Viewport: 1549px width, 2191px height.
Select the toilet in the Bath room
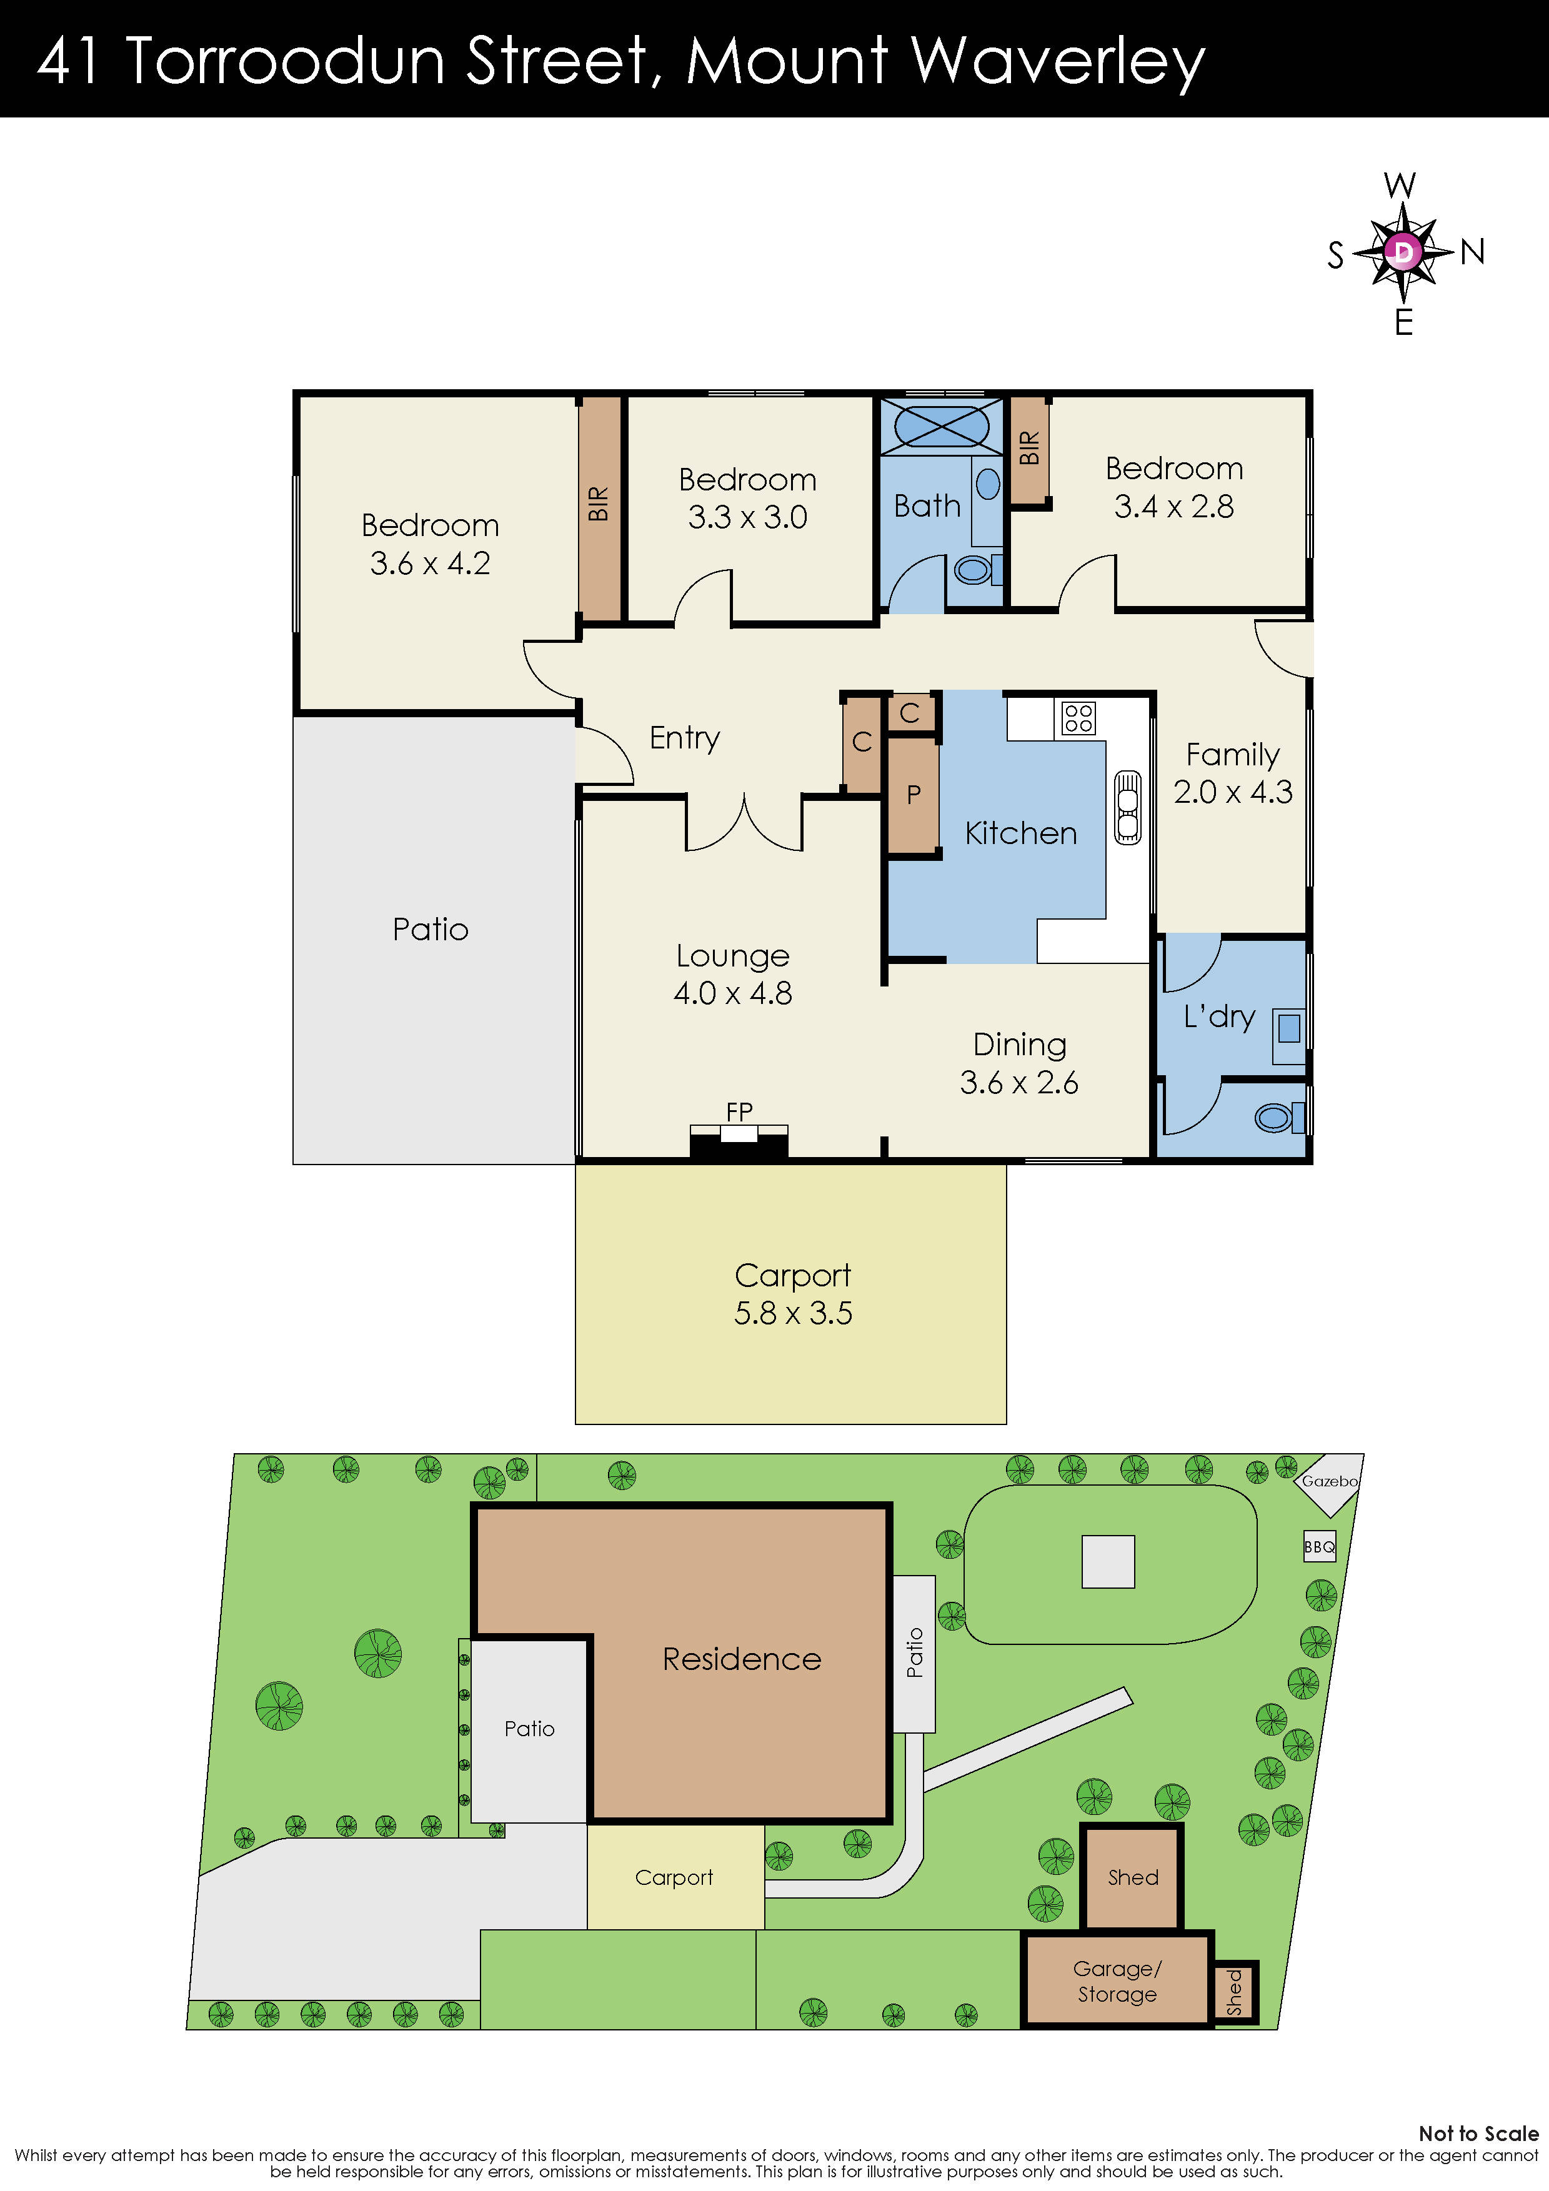(x=974, y=570)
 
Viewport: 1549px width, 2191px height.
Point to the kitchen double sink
(x=1127, y=807)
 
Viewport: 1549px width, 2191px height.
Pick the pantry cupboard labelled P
(x=914, y=795)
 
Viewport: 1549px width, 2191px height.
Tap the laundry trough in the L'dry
(x=1288, y=1029)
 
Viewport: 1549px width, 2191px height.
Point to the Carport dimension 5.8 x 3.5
(x=792, y=1313)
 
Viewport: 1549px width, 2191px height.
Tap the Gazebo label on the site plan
(x=1330, y=1482)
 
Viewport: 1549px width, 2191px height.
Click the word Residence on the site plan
(x=742, y=1659)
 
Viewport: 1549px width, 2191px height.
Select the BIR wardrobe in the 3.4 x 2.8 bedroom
(x=1029, y=449)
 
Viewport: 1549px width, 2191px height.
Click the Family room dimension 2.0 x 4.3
(x=1232, y=792)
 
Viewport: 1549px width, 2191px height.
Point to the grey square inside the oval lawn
(x=1107, y=1562)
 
